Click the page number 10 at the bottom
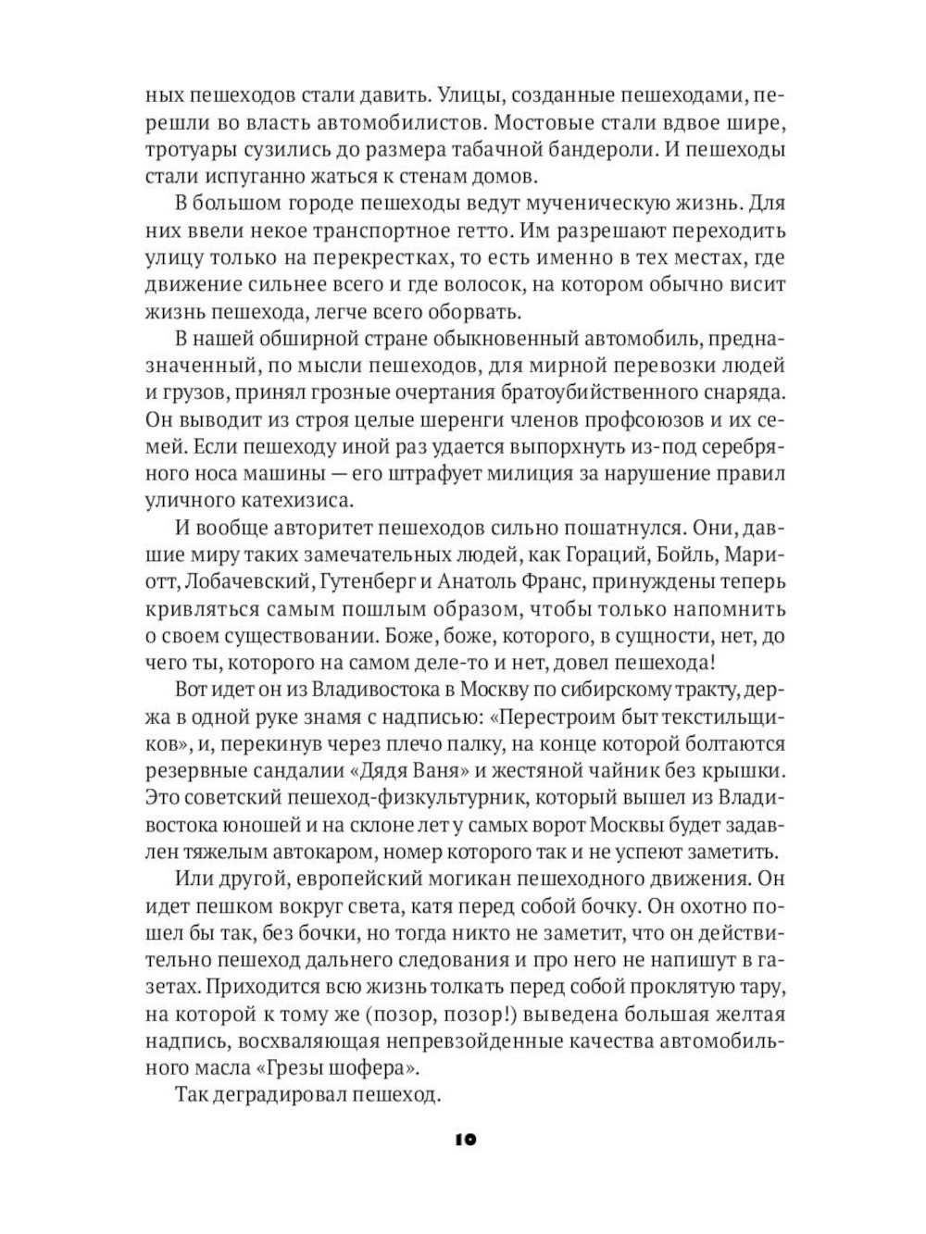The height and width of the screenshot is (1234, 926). click(465, 1141)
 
